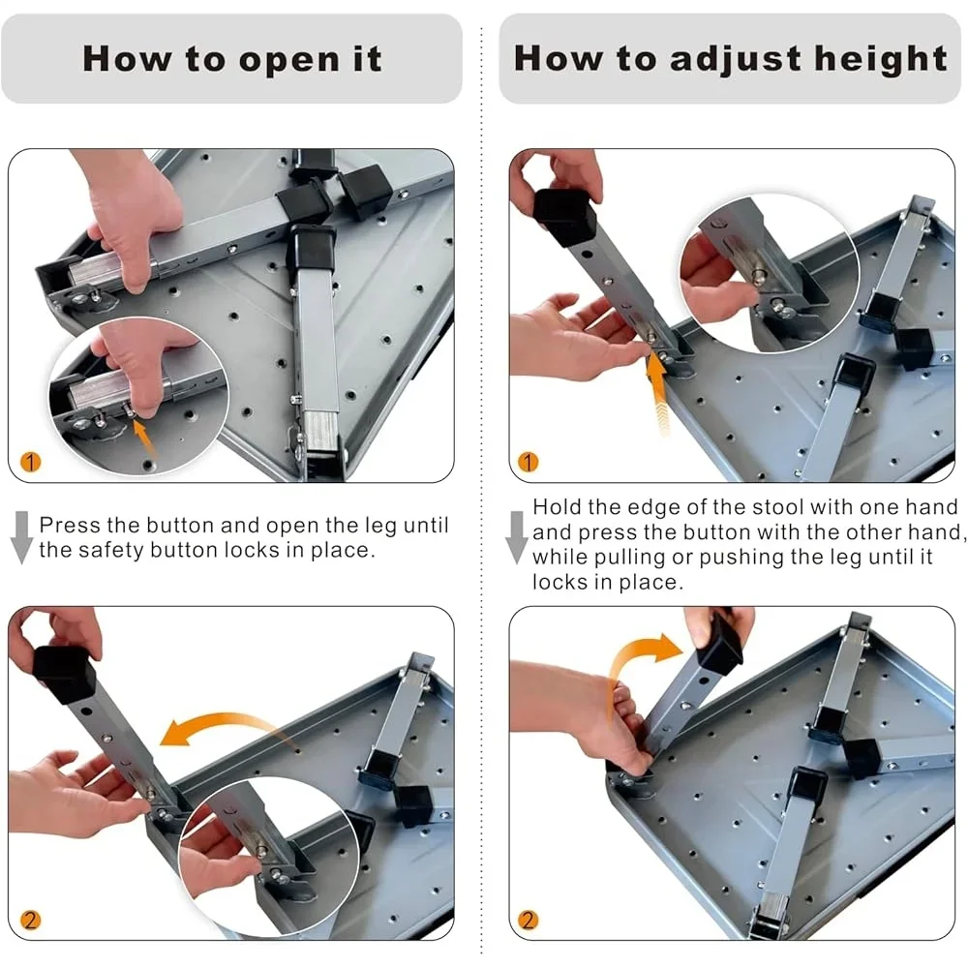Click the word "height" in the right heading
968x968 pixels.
(880, 60)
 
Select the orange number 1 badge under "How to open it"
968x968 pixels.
(30, 461)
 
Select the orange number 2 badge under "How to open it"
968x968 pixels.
(30, 920)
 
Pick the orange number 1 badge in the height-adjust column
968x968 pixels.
(528, 461)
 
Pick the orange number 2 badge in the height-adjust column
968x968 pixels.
(528, 920)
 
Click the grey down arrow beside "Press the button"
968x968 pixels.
(22, 537)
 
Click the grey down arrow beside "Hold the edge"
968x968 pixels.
(516, 537)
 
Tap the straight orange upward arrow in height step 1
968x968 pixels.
(658, 395)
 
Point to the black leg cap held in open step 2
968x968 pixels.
(65, 673)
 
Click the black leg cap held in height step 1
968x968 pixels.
(564, 217)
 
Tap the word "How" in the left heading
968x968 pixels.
(128, 60)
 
